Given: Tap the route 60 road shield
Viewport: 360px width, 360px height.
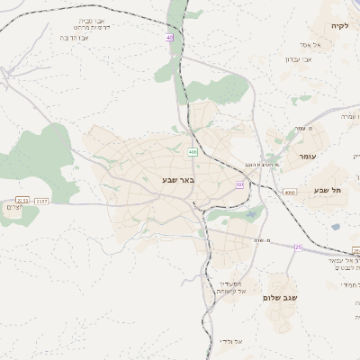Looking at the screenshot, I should (239, 184).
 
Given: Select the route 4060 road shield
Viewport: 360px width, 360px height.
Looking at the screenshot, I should (288, 192).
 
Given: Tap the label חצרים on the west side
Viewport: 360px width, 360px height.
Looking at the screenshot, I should (8, 208).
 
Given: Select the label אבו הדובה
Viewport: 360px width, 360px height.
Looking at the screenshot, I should (79, 38).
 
